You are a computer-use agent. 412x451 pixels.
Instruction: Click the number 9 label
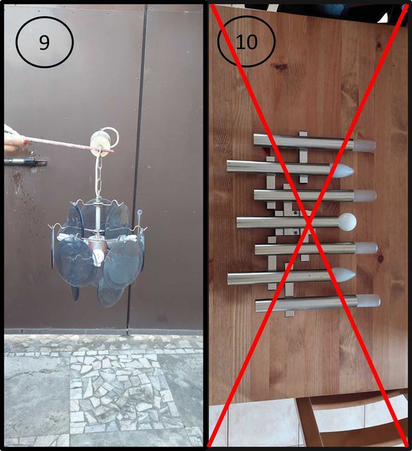pyautogui.click(x=44, y=43)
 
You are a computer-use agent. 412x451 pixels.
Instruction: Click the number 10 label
pyautogui.click(x=246, y=42)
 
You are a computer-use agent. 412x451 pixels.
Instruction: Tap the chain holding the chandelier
pyautogui.click(x=98, y=175)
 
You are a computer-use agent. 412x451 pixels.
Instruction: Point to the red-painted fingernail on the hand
pyautogui.click(x=25, y=142)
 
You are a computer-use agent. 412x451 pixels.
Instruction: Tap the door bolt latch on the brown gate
pyautogui.click(x=25, y=161)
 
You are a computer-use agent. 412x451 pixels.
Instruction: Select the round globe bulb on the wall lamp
pyautogui.click(x=348, y=222)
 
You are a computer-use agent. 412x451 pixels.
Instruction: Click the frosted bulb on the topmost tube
pyautogui.click(x=364, y=146)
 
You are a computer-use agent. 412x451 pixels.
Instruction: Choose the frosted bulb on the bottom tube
pyautogui.click(x=369, y=301)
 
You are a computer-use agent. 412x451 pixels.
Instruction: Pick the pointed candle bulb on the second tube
pyautogui.click(x=342, y=171)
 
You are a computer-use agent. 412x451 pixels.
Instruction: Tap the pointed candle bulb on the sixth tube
pyautogui.click(x=344, y=275)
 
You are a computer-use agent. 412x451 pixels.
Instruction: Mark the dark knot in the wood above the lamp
pyautogui.click(x=281, y=67)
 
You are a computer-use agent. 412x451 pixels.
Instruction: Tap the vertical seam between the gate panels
pyautogui.click(x=136, y=169)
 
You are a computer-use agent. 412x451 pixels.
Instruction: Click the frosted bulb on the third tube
pyautogui.click(x=366, y=196)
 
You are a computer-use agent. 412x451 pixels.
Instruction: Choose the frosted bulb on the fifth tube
pyautogui.click(x=366, y=248)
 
